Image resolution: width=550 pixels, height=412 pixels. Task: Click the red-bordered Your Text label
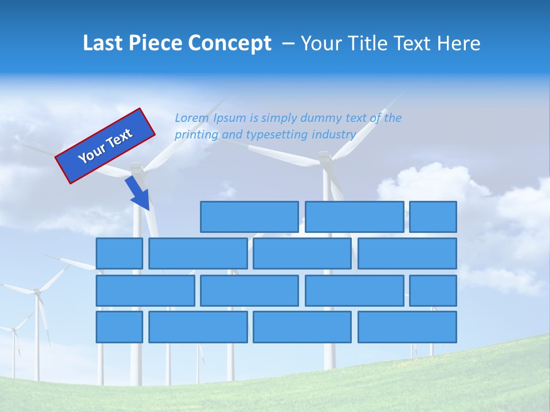105,146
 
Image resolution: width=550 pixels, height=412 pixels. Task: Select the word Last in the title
103,43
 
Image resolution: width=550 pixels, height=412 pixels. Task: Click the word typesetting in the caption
277,135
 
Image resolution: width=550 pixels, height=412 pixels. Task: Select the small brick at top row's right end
433,217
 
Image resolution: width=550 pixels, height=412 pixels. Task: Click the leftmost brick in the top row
249,217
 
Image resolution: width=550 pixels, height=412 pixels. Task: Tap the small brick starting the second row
119,253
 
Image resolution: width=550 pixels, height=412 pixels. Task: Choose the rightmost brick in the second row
407,253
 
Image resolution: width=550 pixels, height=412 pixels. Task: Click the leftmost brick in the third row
146,291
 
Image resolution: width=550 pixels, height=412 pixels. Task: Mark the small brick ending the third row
433,291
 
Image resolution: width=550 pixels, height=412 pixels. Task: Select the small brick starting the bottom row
119,327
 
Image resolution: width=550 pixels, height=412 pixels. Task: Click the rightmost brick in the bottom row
407,327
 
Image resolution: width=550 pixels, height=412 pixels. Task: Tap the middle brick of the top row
354,217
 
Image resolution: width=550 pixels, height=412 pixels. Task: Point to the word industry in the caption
334,135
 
